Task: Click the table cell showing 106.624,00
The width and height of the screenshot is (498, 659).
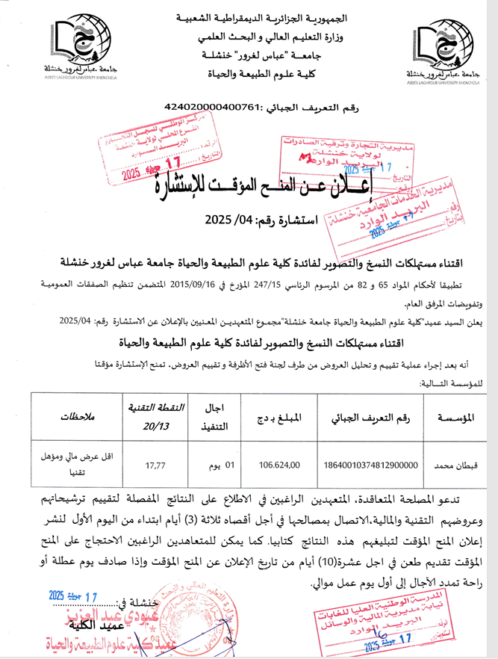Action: tap(279, 464)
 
